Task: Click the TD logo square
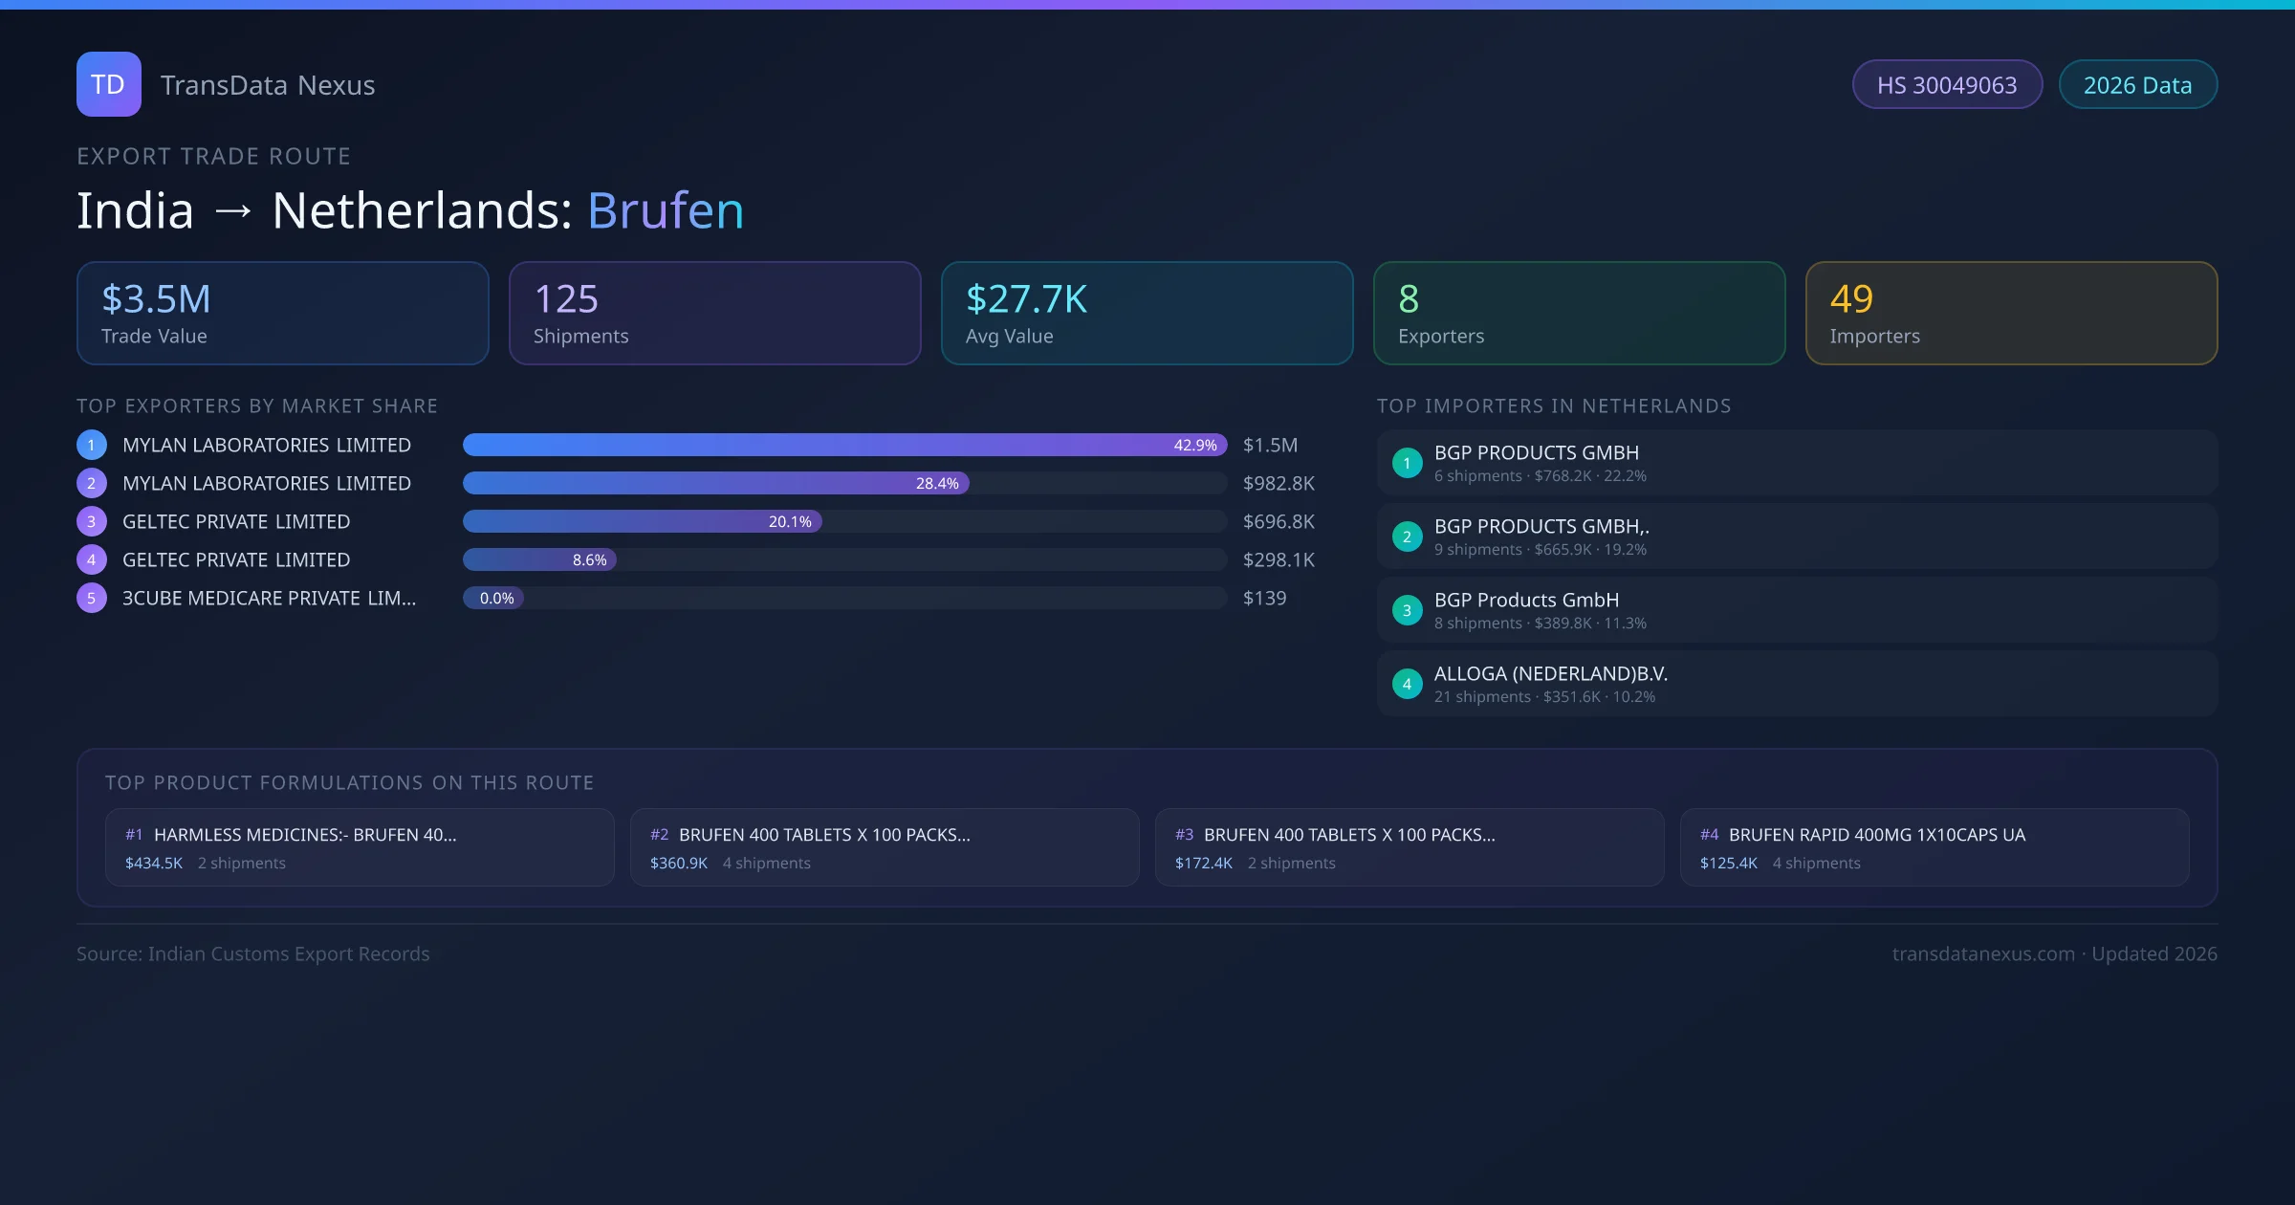[x=109, y=84]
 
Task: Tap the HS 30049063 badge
[x=1947, y=85]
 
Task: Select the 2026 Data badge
[x=2137, y=85]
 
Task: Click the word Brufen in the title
[x=666, y=210]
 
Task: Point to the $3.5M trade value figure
[x=156, y=299]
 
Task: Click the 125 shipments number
[x=566, y=299]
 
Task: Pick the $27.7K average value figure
[x=1026, y=299]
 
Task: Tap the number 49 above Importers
[x=1851, y=299]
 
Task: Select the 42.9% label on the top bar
[x=1195, y=445]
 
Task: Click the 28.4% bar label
[x=937, y=483]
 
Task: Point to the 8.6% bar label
[x=589, y=559]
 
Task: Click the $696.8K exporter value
[x=1279, y=521]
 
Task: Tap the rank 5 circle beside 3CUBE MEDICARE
[x=92, y=598]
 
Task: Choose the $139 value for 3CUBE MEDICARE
[x=1264, y=598]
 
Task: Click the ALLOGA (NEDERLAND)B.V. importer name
[x=1550, y=673]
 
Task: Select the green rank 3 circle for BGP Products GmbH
[x=1407, y=610]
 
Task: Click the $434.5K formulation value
[x=154, y=863]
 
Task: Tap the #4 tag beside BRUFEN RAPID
[x=1709, y=835]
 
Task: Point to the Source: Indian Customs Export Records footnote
[x=253, y=953]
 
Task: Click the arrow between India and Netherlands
[x=233, y=210]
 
